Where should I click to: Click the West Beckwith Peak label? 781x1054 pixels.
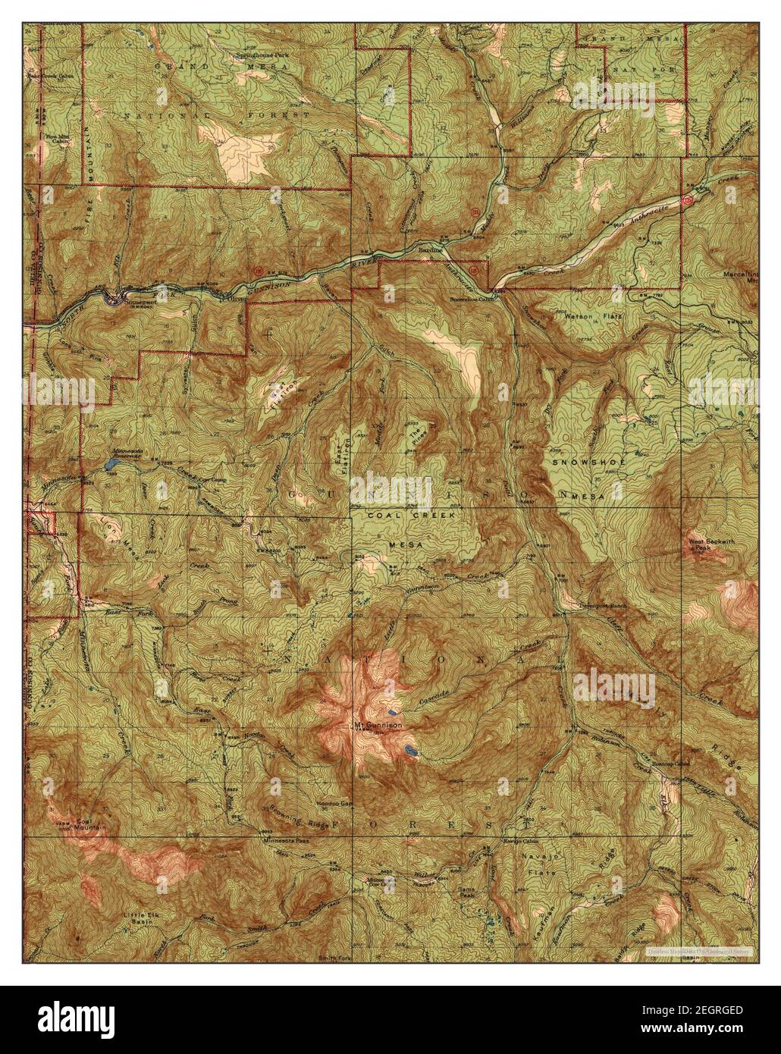(706, 544)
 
